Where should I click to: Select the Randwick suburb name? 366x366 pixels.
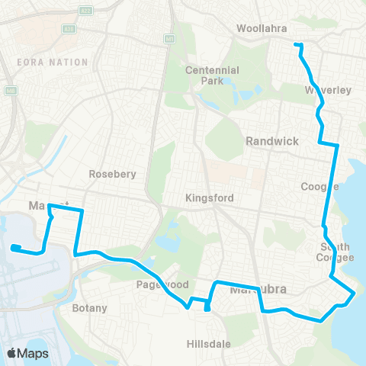[x=266, y=141]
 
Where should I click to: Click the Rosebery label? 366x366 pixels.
[x=112, y=174]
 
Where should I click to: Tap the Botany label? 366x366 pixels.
[x=90, y=309]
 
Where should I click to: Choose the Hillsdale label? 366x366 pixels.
[x=210, y=345]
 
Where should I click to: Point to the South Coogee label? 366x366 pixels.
[x=336, y=252]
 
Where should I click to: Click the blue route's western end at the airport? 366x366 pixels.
[x=14, y=246]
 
